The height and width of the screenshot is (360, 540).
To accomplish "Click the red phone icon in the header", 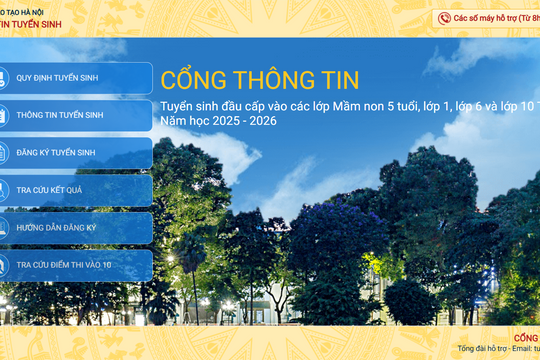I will pos(444,18).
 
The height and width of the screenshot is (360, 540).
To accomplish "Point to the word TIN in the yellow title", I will pos(336,79).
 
